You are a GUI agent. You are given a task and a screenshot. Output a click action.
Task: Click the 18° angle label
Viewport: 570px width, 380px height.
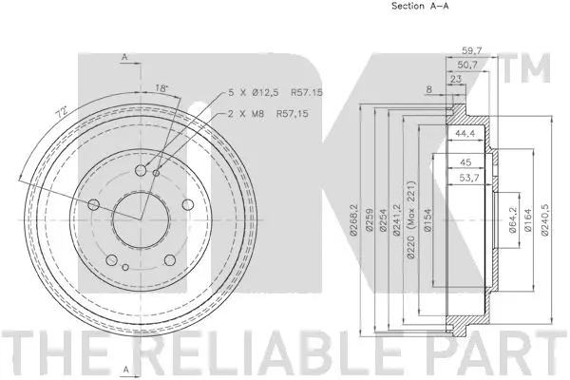pos(162,88)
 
